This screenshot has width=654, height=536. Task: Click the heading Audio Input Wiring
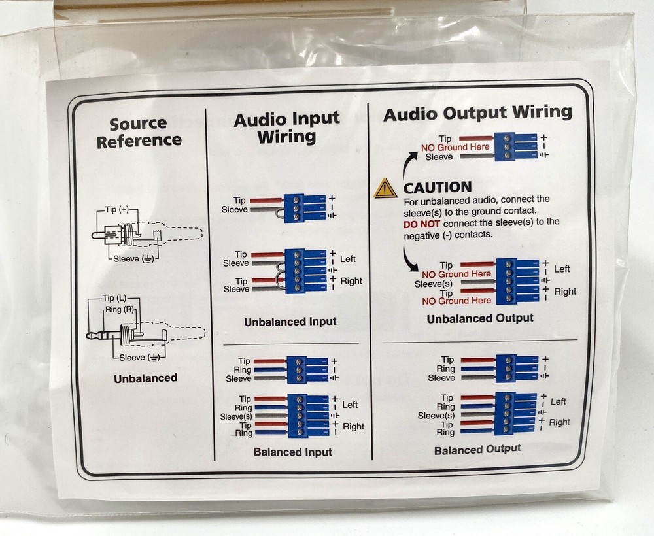(286, 127)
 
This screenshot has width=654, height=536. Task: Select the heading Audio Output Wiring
(477, 112)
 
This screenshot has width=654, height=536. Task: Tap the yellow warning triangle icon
(385, 189)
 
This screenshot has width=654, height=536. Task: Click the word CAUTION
(438, 187)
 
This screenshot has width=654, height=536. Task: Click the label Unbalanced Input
(290, 322)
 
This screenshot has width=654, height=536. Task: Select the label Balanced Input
(292, 452)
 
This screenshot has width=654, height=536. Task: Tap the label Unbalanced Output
(480, 318)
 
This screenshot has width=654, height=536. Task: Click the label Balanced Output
(477, 449)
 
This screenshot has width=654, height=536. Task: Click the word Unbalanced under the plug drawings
(145, 378)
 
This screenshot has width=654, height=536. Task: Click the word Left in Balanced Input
(350, 405)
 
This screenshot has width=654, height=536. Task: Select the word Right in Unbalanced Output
(565, 292)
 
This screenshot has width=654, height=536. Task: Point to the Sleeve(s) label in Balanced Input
(235, 416)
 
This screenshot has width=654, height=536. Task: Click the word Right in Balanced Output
(559, 422)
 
